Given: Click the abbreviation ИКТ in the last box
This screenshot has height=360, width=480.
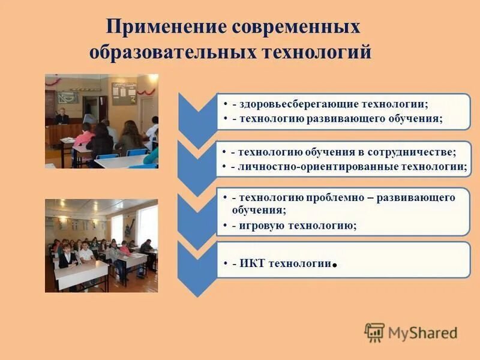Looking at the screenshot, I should [x=254, y=263].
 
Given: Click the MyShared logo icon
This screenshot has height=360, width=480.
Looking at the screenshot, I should [x=374, y=332].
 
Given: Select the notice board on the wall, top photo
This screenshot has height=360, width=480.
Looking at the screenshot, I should [x=124, y=93].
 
